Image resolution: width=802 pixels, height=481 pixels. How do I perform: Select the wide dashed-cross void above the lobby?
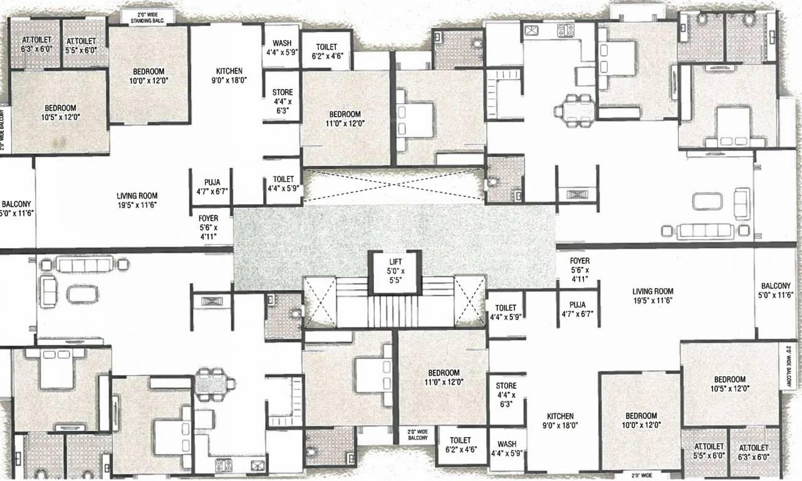[395, 186]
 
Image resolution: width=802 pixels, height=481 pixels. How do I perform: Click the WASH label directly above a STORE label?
[281, 49]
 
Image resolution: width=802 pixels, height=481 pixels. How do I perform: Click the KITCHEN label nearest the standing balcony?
[229, 75]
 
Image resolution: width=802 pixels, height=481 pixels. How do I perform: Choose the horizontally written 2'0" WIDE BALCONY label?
[417, 435]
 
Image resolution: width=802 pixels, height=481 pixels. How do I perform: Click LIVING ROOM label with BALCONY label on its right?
[652, 296]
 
